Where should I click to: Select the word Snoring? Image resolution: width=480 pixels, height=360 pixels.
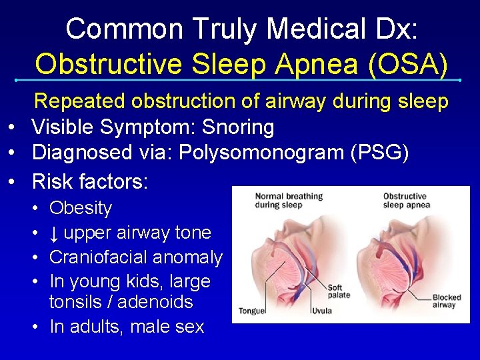[241, 127]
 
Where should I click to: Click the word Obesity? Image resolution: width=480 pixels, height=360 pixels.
[81, 208]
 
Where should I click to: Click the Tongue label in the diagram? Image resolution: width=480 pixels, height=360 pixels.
[252, 311]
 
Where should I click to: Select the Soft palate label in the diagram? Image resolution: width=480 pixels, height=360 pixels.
[338, 291]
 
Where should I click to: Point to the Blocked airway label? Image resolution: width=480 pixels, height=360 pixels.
[446, 301]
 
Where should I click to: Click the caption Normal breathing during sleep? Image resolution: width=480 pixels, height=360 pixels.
[288, 201]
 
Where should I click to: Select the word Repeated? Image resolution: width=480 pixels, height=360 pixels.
[79, 101]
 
